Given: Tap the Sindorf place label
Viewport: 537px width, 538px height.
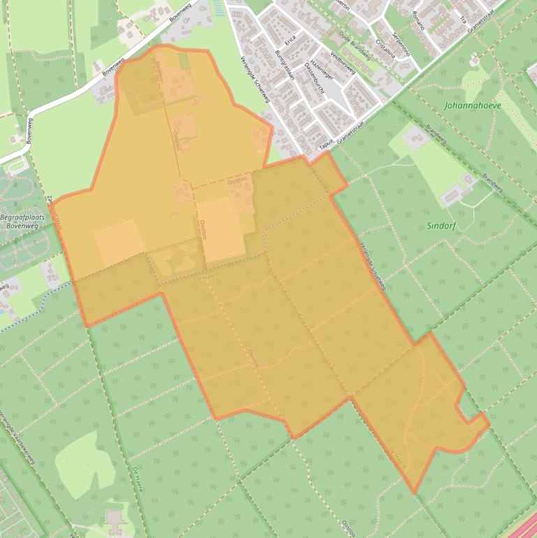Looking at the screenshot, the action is (440, 226).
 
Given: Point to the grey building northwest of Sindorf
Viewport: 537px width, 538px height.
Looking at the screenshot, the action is (416, 137).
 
